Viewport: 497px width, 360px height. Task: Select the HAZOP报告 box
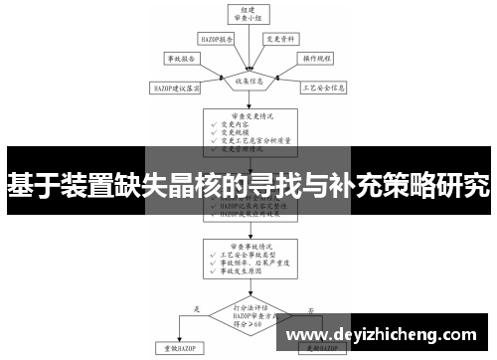(217, 40)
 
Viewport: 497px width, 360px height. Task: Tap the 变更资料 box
(278, 40)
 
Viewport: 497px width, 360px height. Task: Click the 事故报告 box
(182, 60)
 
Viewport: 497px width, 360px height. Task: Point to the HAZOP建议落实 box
(176, 89)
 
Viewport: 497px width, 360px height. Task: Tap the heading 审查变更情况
(248, 114)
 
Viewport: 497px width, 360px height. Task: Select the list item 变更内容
(240, 124)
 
